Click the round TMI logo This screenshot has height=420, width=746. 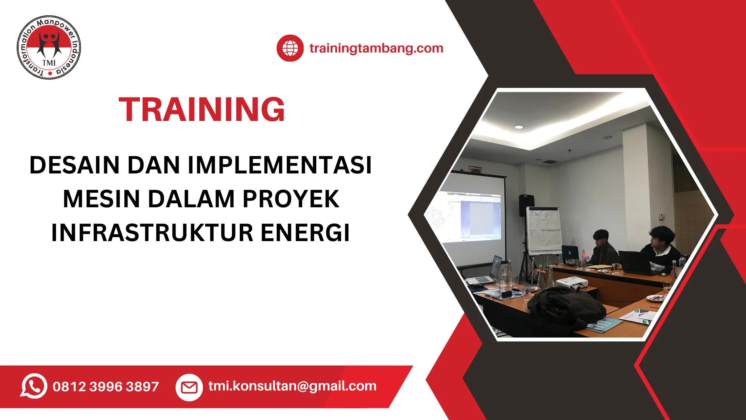point(49,47)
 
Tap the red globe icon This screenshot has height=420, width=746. point(290,48)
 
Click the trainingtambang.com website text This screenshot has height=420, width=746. point(376,48)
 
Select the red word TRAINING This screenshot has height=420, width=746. point(202,110)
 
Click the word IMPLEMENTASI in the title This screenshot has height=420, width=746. point(280,165)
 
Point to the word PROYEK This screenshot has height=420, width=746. point(291,199)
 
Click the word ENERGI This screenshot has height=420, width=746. point(305,233)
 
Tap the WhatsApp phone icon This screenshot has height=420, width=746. point(34,386)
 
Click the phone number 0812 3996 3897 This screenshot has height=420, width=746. point(106,387)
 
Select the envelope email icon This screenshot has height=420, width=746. point(189,387)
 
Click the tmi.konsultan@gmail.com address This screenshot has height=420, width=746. point(292,386)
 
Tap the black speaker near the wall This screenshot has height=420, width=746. point(526,205)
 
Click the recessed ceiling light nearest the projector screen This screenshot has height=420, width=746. point(519,127)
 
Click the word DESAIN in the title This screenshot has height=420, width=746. point(74,165)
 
